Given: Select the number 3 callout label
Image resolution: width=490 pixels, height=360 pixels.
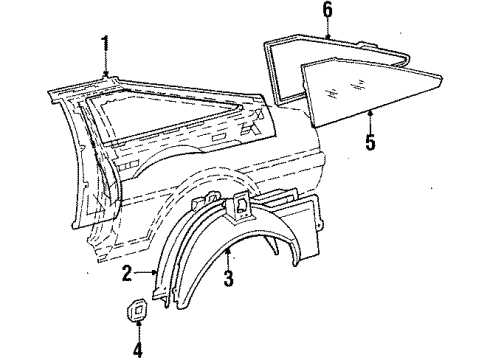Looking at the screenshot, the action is pyautogui.click(x=228, y=279).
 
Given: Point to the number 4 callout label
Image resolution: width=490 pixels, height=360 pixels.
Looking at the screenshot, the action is pyautogui.click(x=137, y=349).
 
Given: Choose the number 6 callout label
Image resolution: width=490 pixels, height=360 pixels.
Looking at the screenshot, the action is pyautogui.click(x=326, y=10).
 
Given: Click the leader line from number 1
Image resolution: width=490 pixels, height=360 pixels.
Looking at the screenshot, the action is pyautogui.click(x=106, y=64).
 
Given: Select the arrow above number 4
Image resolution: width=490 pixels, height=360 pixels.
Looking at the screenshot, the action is pyautogui.click(x=137, y=331).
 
